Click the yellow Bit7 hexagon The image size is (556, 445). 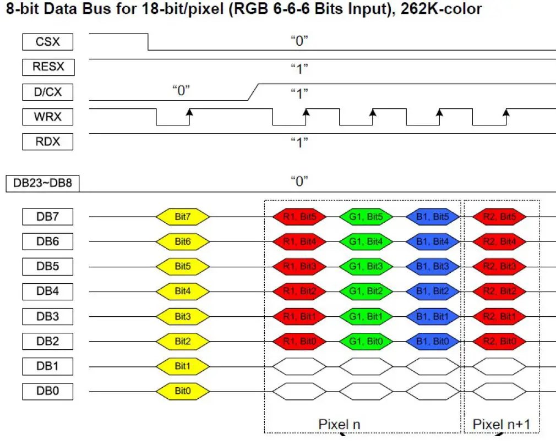(x=183, y=217)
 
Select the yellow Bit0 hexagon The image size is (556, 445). (x=183, y=391)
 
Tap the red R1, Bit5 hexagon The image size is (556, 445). (x=299, y=217)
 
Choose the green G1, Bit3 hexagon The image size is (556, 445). (x=366, y=267)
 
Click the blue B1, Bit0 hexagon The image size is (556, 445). (x=432, y=341)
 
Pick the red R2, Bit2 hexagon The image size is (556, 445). (x=499, y=292)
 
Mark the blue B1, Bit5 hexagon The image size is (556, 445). (x=432, y=217)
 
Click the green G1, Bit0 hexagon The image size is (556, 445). (x=366, y=341)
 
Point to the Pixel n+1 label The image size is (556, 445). (x=502, y=424)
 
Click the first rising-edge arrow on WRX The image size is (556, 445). (x=189, y=114)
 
